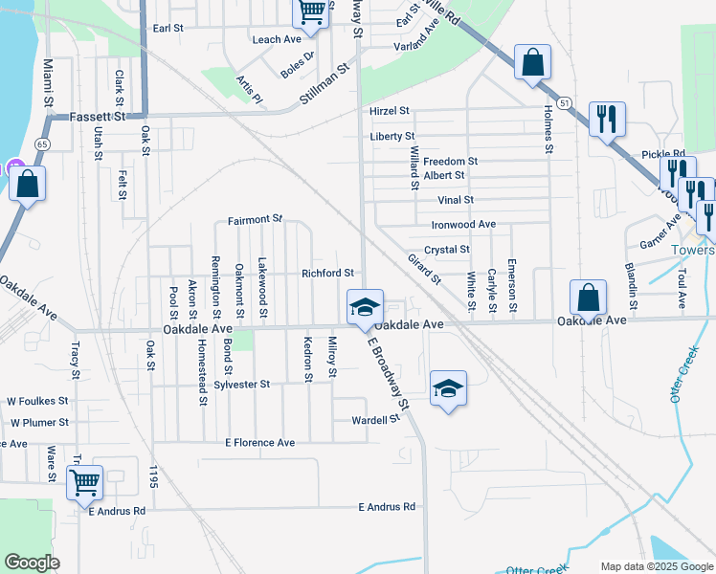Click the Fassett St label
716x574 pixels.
point(99,117)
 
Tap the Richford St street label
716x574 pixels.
point(328,274)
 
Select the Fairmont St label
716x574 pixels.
point(255,220)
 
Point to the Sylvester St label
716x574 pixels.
point(242,385)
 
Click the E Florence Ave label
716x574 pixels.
point(260,443)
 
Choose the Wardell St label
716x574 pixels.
point(375,419)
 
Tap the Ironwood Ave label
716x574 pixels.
point(463,224)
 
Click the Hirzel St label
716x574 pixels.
point(390,112)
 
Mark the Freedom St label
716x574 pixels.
point(450,162)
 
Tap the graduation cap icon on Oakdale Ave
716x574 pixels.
point(365,308)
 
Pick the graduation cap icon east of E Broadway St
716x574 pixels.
point(447,389)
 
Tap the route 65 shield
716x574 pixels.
point(41,143)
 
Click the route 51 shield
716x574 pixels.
point(565,102)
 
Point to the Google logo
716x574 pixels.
point(33,563)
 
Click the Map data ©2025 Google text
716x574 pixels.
point(656,565)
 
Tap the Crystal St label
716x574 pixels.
point(446,250)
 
